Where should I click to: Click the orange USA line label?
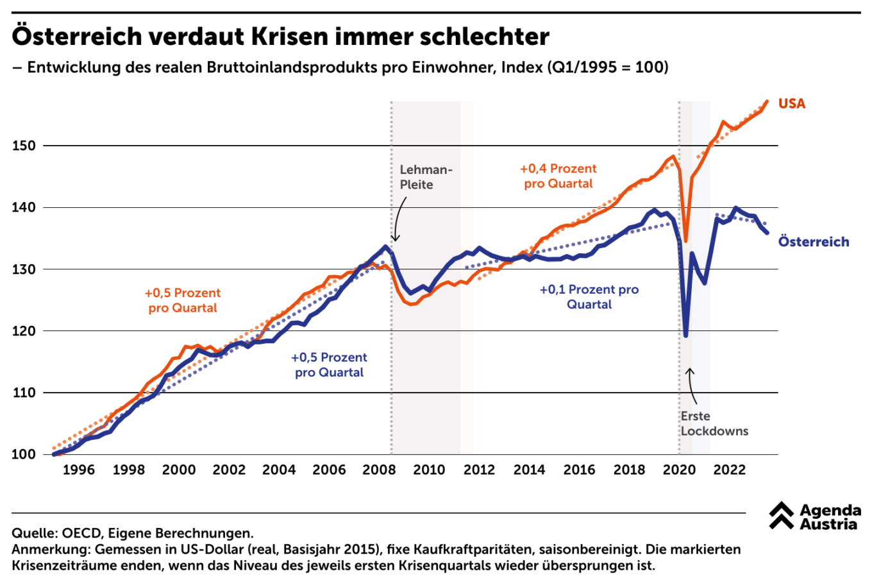[x=791, y=104]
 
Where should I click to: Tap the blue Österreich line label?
[x=813, y=242]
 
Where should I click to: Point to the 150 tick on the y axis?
[x=24, y=146]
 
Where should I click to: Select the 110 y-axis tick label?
[x=24, y=393]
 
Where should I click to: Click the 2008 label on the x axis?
[x=379, y=470]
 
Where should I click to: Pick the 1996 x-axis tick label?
[x=78, y=470]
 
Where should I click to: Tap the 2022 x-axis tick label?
[x=730, y=470]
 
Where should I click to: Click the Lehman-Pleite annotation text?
[x=426, y=177]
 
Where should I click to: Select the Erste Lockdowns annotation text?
[x=714, y=423]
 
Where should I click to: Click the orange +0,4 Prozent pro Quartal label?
[x=558, y=176]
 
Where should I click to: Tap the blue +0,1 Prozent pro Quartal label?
[x=589, y=296]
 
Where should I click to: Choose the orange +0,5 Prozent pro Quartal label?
[x=183, y=300]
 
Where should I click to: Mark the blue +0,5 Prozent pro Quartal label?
[x=329, y=364]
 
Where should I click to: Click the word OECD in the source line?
[x=81, y=533]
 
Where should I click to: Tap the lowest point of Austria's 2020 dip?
[x=685, y=335]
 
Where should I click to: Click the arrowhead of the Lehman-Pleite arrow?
[x=395, y=240]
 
